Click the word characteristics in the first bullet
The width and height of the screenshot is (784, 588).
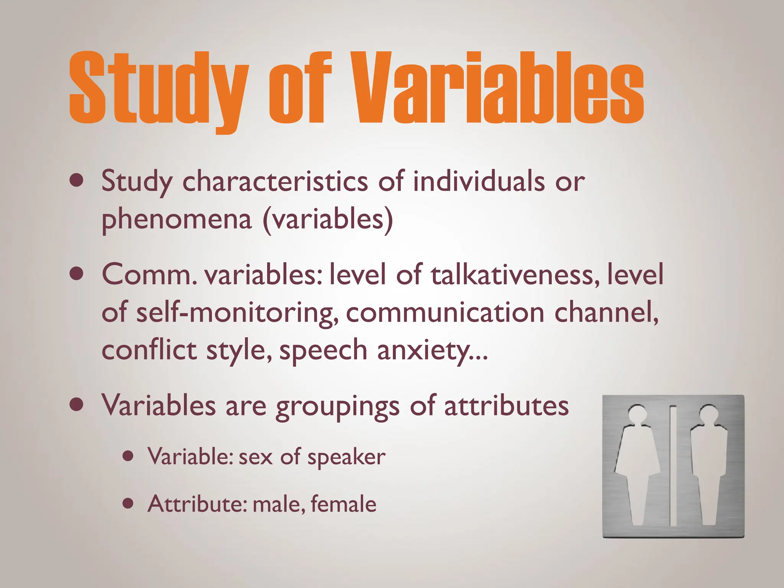[x=275, y=181]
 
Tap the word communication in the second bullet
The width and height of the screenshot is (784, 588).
[x=445, y=312]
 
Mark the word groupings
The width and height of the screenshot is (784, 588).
[x=338, y=406]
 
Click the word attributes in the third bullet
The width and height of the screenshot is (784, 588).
[x=506, y=405]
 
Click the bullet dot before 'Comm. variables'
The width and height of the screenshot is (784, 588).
[x=77, y=274]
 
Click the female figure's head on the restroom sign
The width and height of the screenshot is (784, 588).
[x=637, y=414]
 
